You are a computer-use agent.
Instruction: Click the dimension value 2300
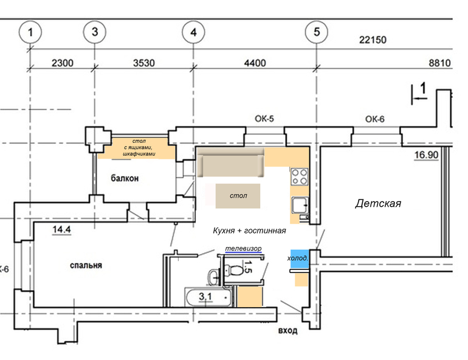pos(63,63)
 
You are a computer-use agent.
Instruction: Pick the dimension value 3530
pos(144,63)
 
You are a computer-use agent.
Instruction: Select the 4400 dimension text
pos(255,63)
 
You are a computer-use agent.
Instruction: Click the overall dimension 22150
pos(373,40)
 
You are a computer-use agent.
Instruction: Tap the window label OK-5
pos(264,119)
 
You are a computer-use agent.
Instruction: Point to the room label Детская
pos(378,203)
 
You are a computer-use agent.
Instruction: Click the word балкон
pos(125,178)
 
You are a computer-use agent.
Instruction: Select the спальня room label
pos(86,265)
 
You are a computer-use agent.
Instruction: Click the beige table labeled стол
pos(238,196)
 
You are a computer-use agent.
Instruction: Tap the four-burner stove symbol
pos(300,176)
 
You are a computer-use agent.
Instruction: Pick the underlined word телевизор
pos(243,248)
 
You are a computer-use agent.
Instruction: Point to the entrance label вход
pos(287,330)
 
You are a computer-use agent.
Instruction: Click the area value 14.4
pos(61,229)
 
